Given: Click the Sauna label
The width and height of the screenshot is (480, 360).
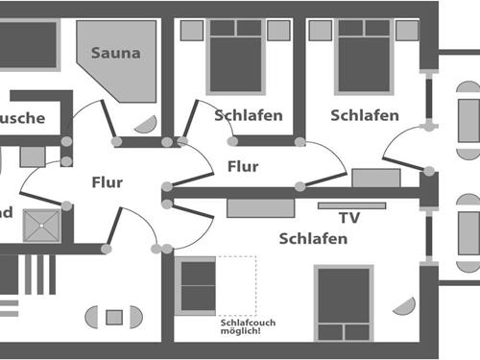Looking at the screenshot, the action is click(115, 53).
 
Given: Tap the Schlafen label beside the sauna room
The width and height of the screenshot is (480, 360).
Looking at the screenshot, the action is click(249, 115).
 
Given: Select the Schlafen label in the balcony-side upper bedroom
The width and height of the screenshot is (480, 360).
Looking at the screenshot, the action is click(365, 115).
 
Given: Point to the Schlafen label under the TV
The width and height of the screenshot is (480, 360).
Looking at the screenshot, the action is click(313, 238).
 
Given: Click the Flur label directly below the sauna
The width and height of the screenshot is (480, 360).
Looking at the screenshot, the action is click(108, 182).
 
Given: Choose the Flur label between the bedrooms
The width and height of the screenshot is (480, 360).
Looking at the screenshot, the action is click(243, 166).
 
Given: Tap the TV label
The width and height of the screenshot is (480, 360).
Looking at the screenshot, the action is click(349, 218).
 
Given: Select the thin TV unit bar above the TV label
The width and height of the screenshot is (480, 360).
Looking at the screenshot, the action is click(351, 204).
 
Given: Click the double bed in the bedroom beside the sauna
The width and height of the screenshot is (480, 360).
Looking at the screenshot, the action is click(235, 55).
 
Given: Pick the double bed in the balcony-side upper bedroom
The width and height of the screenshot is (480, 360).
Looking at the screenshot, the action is click(365, 55).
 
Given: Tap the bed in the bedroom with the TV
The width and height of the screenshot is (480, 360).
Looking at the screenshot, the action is click(343, 303).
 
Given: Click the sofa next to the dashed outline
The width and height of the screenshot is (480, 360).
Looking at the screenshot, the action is click(197, 284).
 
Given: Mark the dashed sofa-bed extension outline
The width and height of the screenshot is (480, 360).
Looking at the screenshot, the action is click(237, 284).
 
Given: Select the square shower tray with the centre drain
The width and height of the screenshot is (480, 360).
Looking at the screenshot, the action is click(41, 228).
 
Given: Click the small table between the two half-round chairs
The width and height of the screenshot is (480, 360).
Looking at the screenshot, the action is click(114, 317).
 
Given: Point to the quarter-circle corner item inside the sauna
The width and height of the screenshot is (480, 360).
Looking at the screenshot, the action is click(147, 125).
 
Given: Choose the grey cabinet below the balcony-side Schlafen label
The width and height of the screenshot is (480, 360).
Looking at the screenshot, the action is click(375, 178).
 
